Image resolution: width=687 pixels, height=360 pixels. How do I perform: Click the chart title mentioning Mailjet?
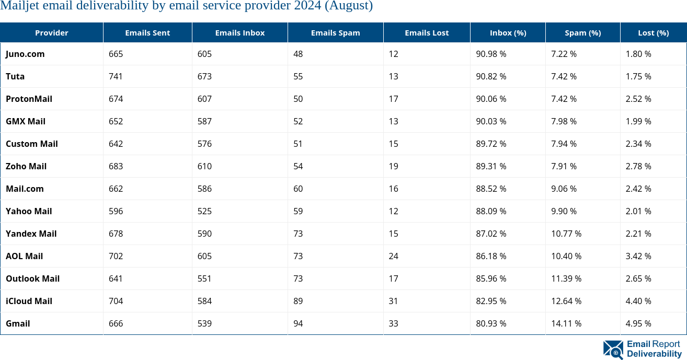point(187,6)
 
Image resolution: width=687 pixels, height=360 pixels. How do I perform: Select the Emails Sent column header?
point(147,32)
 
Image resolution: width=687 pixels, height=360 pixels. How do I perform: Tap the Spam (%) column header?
point(582,32)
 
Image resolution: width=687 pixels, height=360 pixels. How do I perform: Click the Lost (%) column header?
point(653,32)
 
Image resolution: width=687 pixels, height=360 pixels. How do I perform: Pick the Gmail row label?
point(18,323)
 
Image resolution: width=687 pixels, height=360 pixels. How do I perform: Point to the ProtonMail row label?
point(29,99)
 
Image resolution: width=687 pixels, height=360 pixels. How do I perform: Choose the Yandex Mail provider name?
point(31,234)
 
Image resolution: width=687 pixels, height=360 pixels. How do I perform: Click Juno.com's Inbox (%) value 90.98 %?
point(491,54)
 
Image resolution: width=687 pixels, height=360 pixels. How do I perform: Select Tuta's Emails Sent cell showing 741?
point(116,76)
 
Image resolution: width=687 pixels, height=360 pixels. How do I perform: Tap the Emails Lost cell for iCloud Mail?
point(393,301)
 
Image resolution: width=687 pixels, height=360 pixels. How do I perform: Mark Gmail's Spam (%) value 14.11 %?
point(566,323)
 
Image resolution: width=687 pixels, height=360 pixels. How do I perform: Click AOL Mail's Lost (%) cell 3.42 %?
point(638,256)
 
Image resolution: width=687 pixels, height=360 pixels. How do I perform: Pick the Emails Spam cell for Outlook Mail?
point(298,278)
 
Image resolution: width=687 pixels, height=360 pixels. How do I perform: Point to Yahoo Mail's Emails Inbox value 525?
point(204,211)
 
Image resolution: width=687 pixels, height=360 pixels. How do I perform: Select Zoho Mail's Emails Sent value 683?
point(116,166)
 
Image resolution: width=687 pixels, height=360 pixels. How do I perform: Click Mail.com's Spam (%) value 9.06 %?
point(564,189)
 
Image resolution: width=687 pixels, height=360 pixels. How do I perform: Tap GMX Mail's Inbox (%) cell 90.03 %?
point(491,121)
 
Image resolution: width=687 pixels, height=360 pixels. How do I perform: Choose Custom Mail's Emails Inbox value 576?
point(204,144)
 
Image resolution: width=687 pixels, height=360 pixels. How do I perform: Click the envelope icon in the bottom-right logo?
point(613,350)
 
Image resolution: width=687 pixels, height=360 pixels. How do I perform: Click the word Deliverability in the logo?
point(654,354)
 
